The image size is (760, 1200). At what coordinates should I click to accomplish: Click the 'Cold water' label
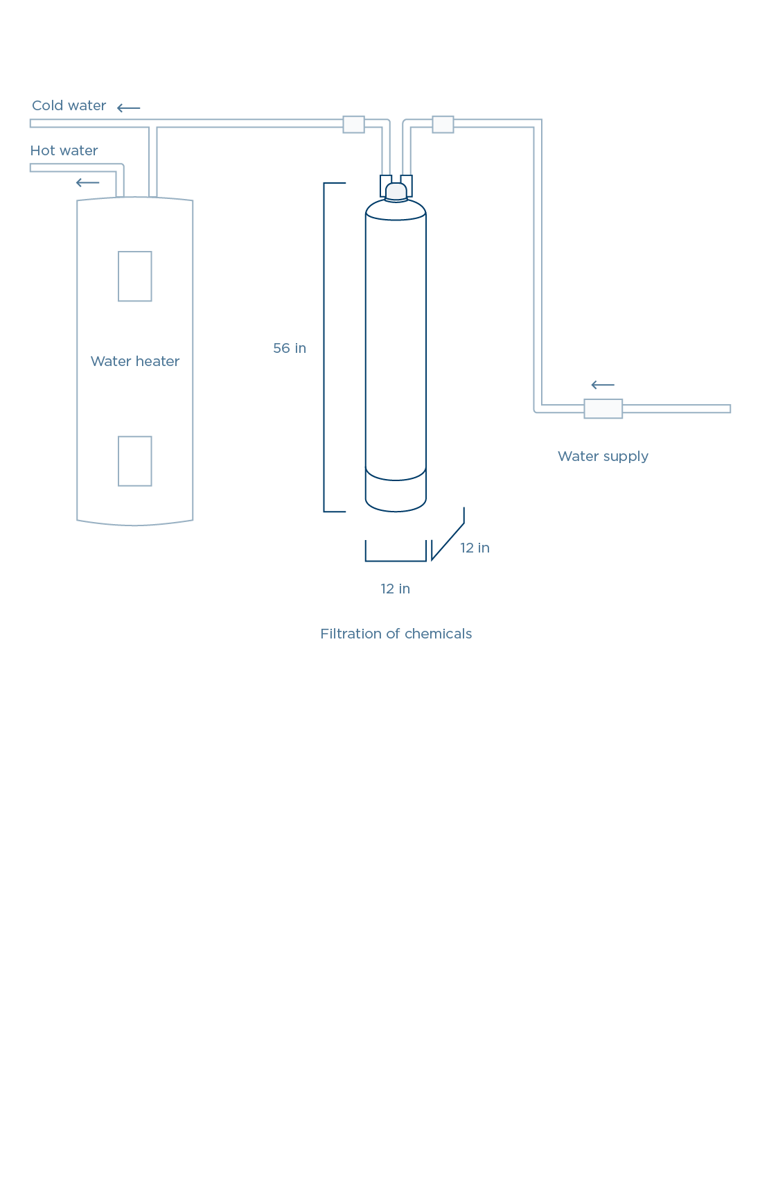pyautogui.click(x=69, y=106)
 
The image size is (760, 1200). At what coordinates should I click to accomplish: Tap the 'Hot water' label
pyautogui.click(x=64, y=151)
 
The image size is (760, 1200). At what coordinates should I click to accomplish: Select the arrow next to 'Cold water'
pyautogui.click(x=129, y=107)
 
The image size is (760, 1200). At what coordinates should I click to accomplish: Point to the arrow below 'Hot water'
pyautogui.click(x=88, y=183)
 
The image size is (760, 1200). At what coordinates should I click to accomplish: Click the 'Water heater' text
pyautogui.click(x=135, y=361)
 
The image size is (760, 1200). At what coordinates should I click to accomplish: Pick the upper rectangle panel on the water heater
pyautogui.click(x=135, y=277)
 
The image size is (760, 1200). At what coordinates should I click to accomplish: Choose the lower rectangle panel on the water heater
pyautogui.click(x=135, y=461)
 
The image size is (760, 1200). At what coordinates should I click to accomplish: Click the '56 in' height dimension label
pyautogui.click(x=290, y=348)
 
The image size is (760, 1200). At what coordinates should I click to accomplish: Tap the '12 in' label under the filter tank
pyautogui.click(x=395, y=589)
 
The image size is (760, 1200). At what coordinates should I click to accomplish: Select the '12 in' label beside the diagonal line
pyautogui.click(x=475, y=548)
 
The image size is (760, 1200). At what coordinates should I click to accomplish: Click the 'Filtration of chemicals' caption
pyautogui.click(x=396, y=634)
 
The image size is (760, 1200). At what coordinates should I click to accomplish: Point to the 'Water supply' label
pyautogui.click(x=603, y=456)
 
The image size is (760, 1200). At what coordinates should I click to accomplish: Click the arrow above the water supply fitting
pyautogui.click(x=603, y=385)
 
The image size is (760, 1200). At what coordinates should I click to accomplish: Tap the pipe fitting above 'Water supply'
pyautogui.click(x=603, y=409)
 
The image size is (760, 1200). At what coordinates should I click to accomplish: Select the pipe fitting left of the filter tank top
pyautogui.click(x=353, y=124)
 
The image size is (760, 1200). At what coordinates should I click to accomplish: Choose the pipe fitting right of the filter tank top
pyautogui.click(x=443, y=124)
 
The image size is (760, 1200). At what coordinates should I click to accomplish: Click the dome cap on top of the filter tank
pyautogui.click(x=396, y=191)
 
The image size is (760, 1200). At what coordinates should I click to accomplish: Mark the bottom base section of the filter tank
pyautogui.click(x=396, y=494)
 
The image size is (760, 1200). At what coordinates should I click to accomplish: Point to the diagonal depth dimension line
pyautogui.click(x=448, y=541)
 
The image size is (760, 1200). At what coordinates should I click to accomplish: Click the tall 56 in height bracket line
pyautogui.click(x=324, y=347)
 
